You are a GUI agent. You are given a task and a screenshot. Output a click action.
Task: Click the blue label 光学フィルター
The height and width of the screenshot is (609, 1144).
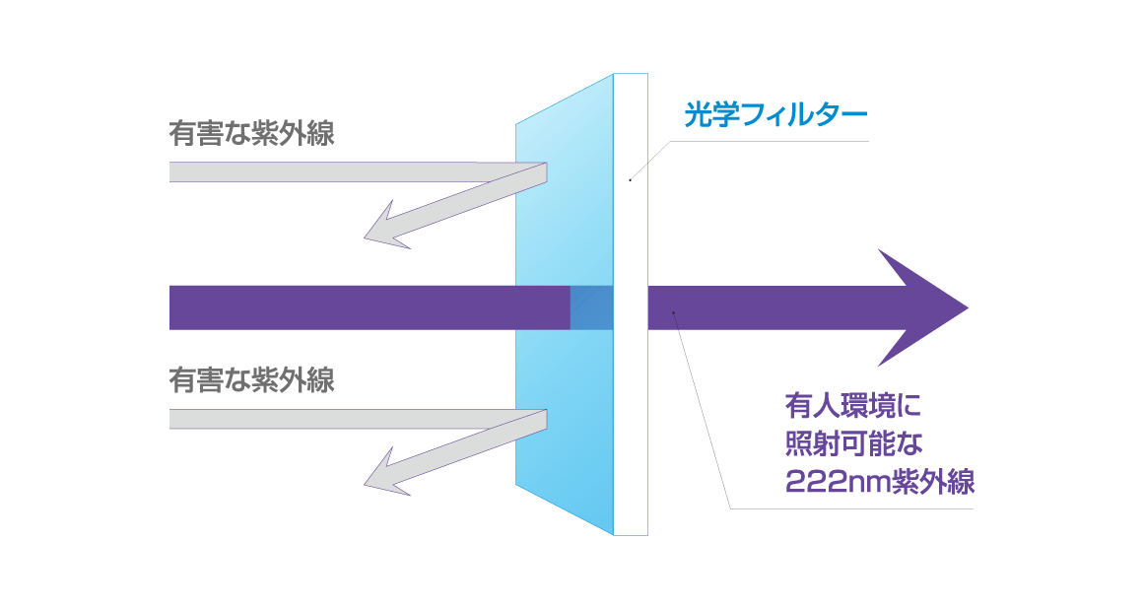pos(774,114)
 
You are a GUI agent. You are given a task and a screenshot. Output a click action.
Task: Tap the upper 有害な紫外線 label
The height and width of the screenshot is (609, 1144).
pos(251,133)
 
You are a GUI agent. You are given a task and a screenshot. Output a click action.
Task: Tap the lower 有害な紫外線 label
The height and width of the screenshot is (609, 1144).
pos(251,379)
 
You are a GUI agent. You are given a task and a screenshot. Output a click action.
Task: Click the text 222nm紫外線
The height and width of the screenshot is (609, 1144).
pos(879,482)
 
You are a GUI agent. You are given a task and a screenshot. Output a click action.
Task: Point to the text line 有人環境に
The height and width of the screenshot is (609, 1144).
pos(851,405)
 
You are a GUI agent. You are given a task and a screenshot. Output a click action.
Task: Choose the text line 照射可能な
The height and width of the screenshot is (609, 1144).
pos(851,443)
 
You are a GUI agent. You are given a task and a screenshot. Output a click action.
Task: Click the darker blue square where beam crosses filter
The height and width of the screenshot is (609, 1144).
pos(591,307)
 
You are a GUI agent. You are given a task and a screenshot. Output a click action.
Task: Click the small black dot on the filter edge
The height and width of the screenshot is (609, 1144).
pos(630,180)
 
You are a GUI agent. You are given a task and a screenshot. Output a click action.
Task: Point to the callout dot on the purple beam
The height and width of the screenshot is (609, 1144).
pos(674,312)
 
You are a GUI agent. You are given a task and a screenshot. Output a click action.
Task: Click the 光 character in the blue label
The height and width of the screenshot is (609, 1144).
pos(698,114)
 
